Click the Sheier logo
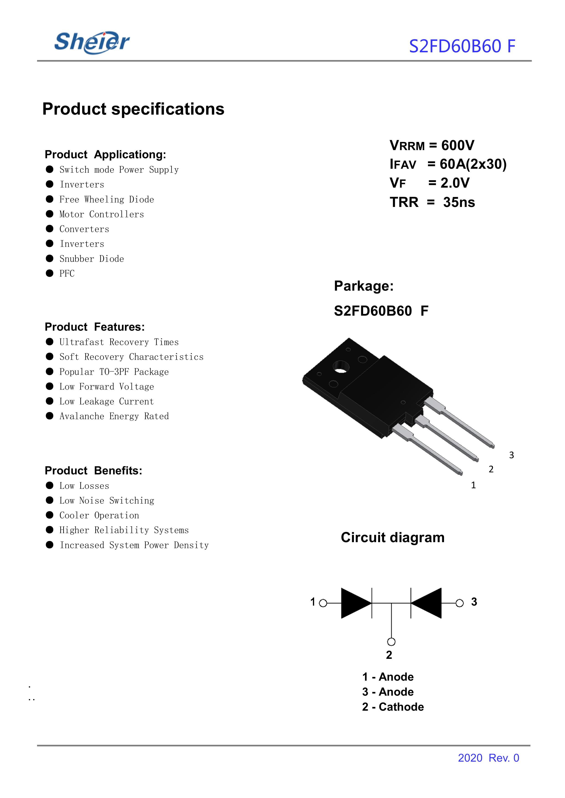[x=92, y=43]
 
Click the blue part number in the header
[x=462, y=46]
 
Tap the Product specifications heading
[x=133, y=109]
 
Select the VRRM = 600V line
[x=432, y=145]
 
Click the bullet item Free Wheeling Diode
[x=106, y=199]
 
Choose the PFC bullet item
[x=67, y=273]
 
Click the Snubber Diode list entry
[x=91, y=259]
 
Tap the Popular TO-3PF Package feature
[x=114, y=372]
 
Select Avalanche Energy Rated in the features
[x=114, y=416]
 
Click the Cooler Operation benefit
[x=99, y=515]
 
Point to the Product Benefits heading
[x=93, y=471]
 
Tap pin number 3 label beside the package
[x=511, y=455]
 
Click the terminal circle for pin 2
[x=391, y=642]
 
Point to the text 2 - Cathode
[x=393, y=707]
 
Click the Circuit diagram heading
[x=392, y=537]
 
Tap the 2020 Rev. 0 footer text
[x=488, y=758]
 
